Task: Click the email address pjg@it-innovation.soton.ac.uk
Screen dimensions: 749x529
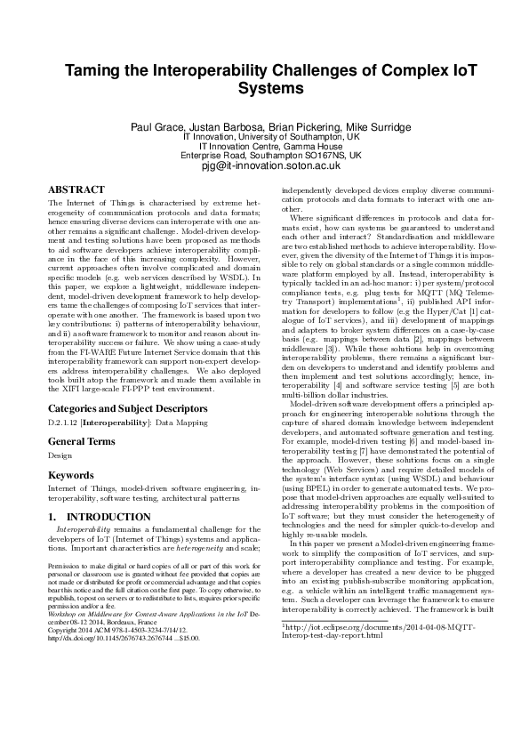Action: (264, 165)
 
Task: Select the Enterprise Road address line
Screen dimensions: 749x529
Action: (264, 156)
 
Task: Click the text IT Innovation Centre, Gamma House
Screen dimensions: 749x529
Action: (264, 146)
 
